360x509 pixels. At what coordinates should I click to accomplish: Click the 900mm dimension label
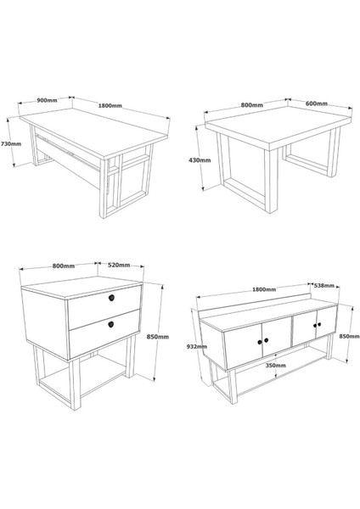(x=47, y=100)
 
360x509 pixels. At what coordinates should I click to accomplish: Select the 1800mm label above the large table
(x=110, y=105)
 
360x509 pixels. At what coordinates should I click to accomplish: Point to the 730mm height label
(x=11, y=143)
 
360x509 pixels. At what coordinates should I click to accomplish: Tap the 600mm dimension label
(x=317, y=103)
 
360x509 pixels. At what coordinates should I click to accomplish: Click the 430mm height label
(x=200, y=160)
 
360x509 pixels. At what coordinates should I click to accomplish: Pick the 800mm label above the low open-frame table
(x=252, y=105)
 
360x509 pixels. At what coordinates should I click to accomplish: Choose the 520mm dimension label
(x=119, y=266)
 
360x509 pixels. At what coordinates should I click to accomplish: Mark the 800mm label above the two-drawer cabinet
(x=64, y=266)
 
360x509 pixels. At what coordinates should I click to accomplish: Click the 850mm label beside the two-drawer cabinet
(x=158, y=337)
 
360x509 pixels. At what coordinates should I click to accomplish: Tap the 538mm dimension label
(x=324, y=285)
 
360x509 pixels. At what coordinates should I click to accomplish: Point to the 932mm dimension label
(x=197, y=346)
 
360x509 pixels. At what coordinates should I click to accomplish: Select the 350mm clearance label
(x=276, y=365)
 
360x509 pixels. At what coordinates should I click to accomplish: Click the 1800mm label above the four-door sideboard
(x=264, y=289)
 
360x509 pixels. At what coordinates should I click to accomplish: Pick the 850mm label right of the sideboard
(x=349, y=336)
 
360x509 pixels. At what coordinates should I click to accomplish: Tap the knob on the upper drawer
(x=111, y=298)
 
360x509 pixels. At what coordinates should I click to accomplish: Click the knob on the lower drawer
(x=111, y=324)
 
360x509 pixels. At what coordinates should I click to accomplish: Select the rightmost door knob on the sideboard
(x=319, y=324)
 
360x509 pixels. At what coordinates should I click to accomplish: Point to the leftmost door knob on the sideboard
(x=260, y=342)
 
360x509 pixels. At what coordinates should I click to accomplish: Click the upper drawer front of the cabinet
(x=104, y=307)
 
